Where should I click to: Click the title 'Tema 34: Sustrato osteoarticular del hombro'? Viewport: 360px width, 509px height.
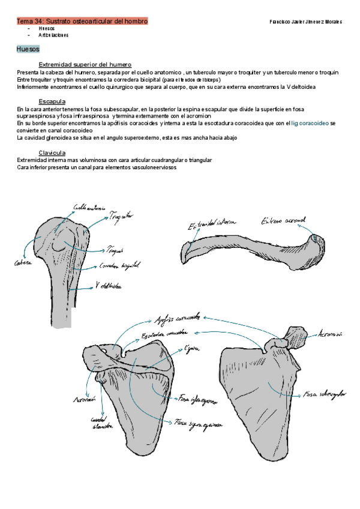click(x=82, y=21)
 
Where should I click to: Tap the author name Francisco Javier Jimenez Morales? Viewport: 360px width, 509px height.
click(x=306, y=22)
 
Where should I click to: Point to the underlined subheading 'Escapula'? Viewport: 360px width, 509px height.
click(x=52, y=101)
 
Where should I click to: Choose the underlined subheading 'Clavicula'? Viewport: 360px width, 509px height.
click(x=52, y=152)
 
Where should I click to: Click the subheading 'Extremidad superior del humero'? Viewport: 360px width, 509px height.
click(x=85, y=64)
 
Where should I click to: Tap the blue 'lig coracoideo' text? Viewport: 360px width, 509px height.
click(x=310, y=123)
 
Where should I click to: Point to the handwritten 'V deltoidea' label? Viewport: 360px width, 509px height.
click(x=109, y=286)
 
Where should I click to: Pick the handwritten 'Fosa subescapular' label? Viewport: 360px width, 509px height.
click(x=325, y=394)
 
